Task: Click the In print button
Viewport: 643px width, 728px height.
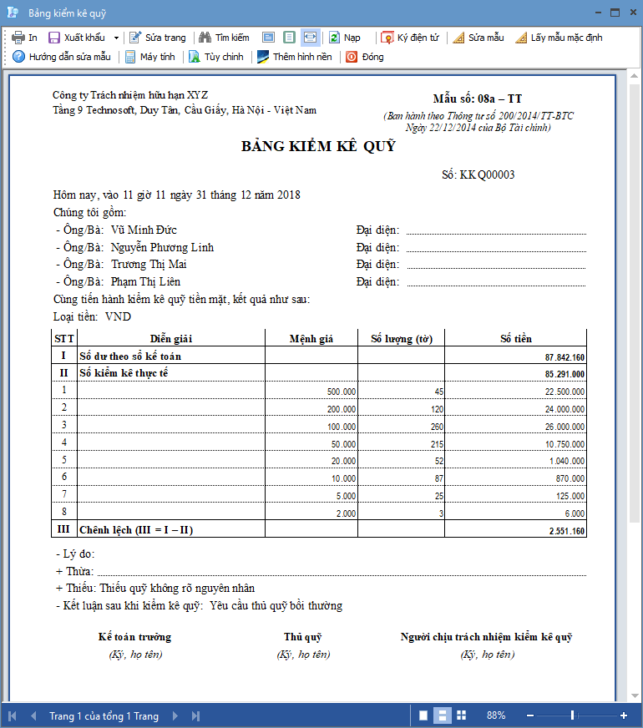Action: [24, 38]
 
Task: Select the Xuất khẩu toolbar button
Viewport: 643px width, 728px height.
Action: [78, 38]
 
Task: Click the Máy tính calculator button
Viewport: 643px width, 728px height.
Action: [150, 57]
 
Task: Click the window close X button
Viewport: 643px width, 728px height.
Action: [632, 13]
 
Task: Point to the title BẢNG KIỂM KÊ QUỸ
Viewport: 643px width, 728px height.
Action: [318, 147]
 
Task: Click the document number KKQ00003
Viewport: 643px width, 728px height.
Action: [488, 175]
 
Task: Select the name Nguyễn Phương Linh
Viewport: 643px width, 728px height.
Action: [162, 248]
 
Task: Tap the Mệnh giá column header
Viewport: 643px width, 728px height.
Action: [311, 338]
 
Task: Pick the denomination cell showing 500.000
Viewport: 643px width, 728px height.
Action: [342, 392]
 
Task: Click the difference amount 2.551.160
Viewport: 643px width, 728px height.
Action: [566, 531]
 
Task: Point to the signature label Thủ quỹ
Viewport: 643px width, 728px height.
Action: [303, 637]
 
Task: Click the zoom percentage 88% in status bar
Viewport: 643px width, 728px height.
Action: [496, 715]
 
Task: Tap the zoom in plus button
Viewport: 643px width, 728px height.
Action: [624, 715]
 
